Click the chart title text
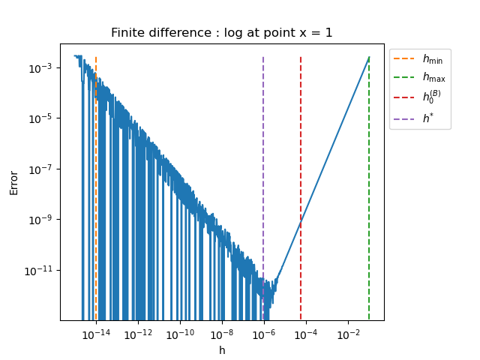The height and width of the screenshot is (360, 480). tap(222, 33)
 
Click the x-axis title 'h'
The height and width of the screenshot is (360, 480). tap(222, 350)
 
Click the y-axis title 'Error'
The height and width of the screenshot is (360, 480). tap(14, 182)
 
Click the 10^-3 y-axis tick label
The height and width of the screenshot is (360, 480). tap(40, 67)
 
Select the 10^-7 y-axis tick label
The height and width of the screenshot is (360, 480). tap(40, 169)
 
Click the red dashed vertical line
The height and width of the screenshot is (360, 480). tap(301, 150)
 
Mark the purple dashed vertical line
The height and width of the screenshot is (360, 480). tap(263, 150)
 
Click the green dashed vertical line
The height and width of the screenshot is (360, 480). tap(369, 187)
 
